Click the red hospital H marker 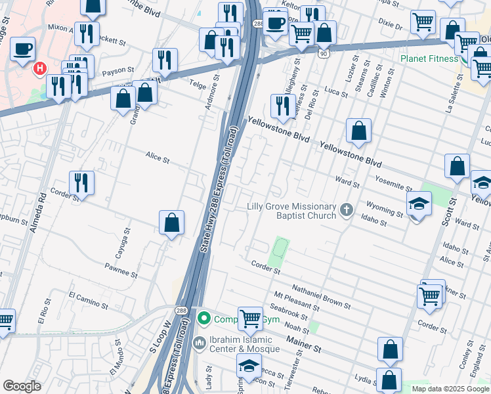coord(41,68)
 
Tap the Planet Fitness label coord(429,58)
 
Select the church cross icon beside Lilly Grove coord(347,211)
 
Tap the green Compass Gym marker coord(204,319)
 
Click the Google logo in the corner coord(22,386)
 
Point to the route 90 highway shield coord(324,53)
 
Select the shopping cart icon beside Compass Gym coord(250,319)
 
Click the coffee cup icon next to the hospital coord(23,48)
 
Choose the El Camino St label coord(88,301)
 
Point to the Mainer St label coord(303,345)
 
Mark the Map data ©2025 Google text coord(450,389)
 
